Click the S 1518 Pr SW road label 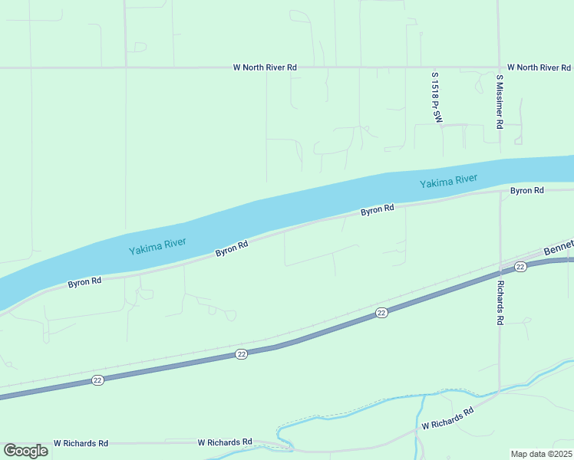click(x=437, y=97)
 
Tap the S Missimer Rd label click(x=500, y=100)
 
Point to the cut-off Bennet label click(x=558, y=251)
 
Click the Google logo click(x=25, y=451)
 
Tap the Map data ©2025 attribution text click(x=541, y=454)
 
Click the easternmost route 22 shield click(x=520, y=266)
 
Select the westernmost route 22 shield click(x=97, y=380)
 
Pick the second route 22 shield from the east click(x=381, y=313)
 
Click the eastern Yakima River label click(x=448, y=182)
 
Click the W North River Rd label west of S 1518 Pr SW click(x=265, y=67)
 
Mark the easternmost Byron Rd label click(x=527, y=190)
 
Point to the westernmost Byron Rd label click(x=84, y=282)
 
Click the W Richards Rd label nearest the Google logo click(x=81, y=443)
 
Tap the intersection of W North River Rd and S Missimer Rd click(x=499, y=67)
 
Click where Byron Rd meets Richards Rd click(x=500, y=192)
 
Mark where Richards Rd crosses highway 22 click(x=500, y=271)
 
